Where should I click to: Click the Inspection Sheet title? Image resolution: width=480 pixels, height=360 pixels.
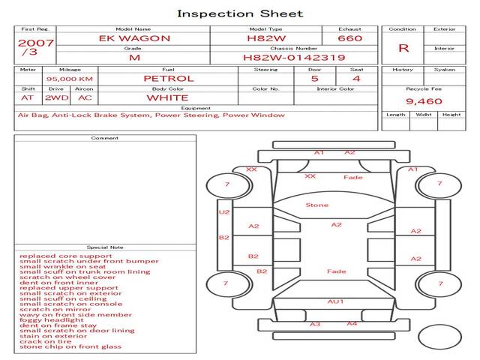[x=240, y=13]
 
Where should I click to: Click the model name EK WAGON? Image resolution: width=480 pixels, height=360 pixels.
[x=135, y=38]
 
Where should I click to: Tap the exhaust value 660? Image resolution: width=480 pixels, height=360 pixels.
[x=349, y=38]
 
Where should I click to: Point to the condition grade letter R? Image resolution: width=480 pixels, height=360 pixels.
[x=403, y=48]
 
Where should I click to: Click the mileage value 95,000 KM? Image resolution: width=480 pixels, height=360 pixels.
[x=69, y=78]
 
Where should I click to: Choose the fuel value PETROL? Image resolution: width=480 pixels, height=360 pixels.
[x=168, y=78]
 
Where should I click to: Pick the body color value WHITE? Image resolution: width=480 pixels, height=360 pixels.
[x=167, y=97]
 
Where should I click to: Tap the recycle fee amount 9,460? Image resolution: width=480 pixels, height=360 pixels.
[x=424, y=101]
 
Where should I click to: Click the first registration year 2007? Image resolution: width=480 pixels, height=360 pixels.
[x=35, y=43]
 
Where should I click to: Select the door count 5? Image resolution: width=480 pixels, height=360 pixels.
[x=314, y=78]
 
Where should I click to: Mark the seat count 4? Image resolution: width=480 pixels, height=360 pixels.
[x=356, y=78]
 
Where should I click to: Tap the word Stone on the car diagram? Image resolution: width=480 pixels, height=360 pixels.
[x=316, y=205]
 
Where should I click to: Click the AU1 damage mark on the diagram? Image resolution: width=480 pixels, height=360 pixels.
[x=335, y=301]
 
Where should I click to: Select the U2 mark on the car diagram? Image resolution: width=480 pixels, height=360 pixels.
[x=223, y=212]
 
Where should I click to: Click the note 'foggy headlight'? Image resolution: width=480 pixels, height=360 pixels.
[x=46, y=319]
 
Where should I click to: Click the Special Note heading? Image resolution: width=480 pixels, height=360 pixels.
[x=105, y=247]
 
